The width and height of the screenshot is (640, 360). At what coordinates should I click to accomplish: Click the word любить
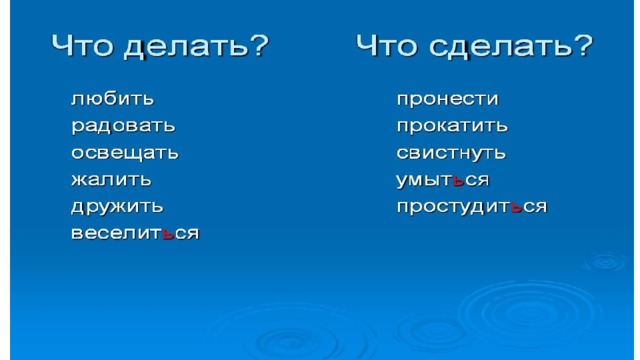[113, 99]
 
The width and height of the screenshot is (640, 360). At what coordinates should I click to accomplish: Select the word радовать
[123, 126]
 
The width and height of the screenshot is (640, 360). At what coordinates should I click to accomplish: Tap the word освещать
[125, 153]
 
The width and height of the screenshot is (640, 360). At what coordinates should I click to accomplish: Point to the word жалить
[111, 180]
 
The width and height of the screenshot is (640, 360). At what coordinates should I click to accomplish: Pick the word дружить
[117, 207]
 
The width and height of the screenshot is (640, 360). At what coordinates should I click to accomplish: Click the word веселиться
[135, 233]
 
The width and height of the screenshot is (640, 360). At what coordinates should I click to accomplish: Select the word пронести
[447, 99]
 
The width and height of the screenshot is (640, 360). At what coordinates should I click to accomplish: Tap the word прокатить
[452, 126]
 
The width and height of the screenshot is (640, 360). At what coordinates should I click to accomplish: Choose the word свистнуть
[451, 153]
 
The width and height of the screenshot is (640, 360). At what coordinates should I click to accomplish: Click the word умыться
[442, 180]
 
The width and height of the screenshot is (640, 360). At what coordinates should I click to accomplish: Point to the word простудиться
[472, 207]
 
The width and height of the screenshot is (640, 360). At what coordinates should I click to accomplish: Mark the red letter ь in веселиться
[168, 234]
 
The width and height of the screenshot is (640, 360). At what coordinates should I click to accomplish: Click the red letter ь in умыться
[458, 180]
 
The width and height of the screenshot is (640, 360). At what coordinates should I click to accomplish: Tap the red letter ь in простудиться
[516, 207]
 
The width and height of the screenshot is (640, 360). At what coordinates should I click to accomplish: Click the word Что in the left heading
[82, 45]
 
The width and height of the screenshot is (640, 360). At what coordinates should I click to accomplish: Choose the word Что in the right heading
[387, 45]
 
